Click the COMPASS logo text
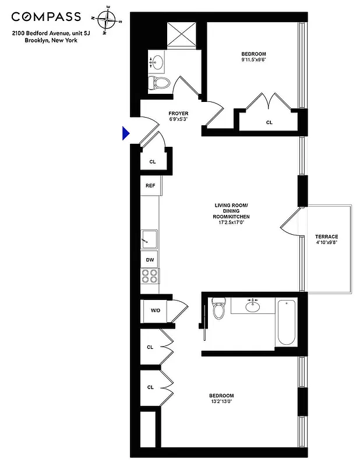(46, 17)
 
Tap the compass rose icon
(105, 21)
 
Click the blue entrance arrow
(125, 134)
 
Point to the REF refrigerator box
(150, 186)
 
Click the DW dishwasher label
(150, 260)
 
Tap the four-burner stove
(150, 276)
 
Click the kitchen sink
(149, 238)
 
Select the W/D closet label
(156, 310)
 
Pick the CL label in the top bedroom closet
(269, 122)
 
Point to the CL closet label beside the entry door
(153, 162)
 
